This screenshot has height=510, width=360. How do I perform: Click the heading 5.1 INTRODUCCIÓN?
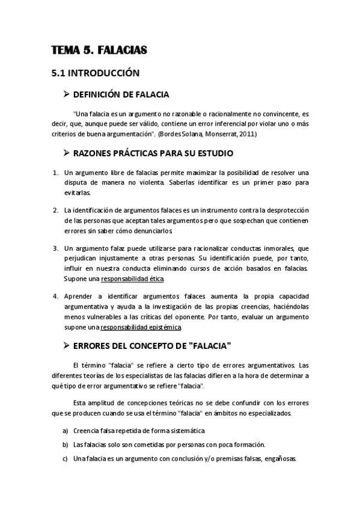pyautogui.click(x=95, y=73)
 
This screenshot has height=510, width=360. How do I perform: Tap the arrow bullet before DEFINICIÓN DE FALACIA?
pyautogui.click(x=67, y=94)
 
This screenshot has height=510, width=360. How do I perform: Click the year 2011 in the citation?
pyautogui.click(x=248, y=134)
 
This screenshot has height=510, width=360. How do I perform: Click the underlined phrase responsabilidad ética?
pyautogui.click(x=132, y=279)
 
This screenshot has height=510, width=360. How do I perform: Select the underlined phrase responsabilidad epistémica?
pyautogui.click(x=141, y=327)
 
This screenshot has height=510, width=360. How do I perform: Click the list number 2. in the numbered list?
pyautogui.click(x=55, y=210)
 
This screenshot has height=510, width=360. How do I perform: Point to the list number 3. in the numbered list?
pyautogui.click(x=55, y=248)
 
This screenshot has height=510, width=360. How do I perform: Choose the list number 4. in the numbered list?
pyautogui.click(x=55, y=296)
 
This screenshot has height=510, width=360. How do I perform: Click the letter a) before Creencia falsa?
pyautogui.click(x=65, y=431)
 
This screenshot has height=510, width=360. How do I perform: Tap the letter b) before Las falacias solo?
pyautogui.click(x=65, y=444)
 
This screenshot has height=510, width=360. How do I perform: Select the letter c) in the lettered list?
pyautogui.click(x=65, y=458)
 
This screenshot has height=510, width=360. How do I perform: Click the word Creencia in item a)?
pyautogui.click(x=87, y=431)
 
